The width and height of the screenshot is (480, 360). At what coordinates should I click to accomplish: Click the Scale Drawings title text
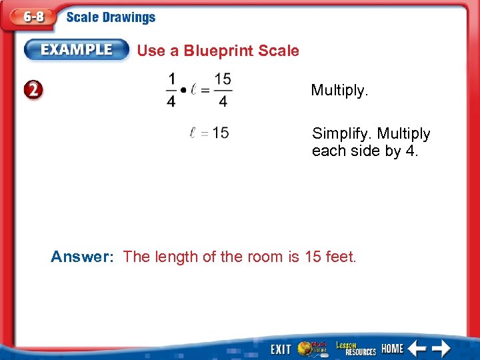111,18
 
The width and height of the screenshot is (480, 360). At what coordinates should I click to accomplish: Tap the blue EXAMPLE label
77,50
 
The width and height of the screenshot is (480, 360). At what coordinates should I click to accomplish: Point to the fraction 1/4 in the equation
172,90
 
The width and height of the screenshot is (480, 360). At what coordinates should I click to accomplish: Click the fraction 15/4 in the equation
223,90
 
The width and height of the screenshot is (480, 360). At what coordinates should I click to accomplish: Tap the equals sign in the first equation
206,91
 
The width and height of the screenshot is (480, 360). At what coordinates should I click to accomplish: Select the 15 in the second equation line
221,133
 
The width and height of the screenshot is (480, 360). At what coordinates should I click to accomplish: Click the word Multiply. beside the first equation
339,90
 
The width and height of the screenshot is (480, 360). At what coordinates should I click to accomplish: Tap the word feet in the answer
340,257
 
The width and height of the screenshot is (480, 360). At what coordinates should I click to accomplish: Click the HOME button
392,349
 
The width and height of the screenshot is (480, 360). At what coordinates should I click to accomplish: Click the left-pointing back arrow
417,349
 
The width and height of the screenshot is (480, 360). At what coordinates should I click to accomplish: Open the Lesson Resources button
355,349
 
